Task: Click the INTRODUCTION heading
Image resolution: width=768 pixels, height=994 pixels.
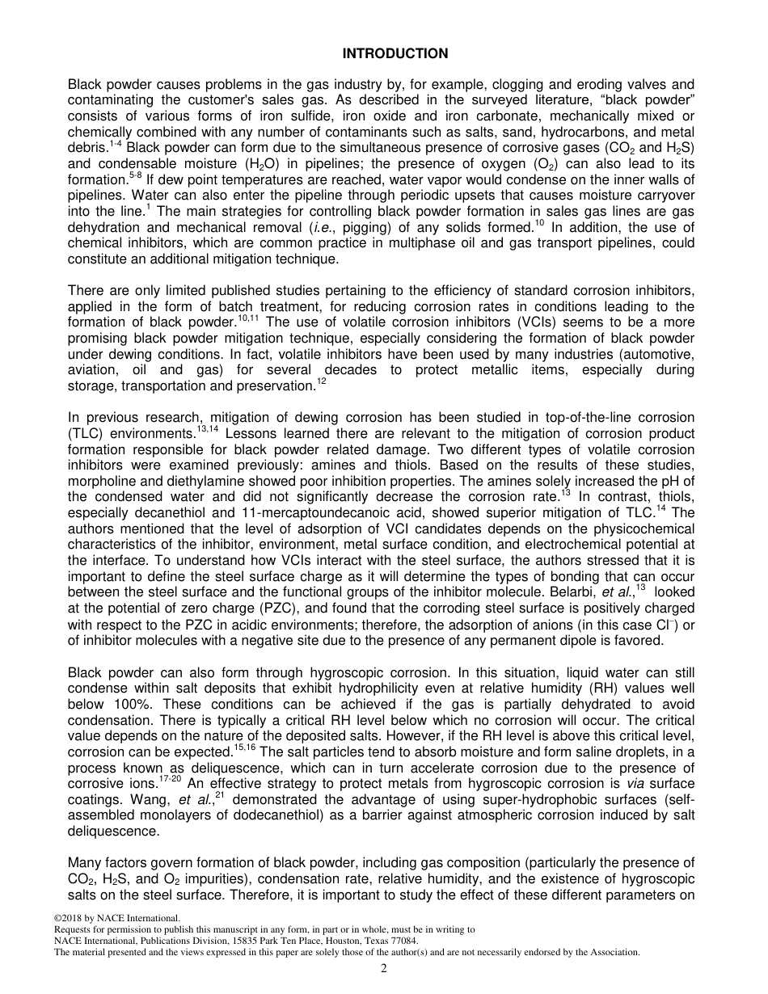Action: click(395, 54)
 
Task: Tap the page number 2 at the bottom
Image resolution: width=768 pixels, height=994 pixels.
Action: click(384, 969)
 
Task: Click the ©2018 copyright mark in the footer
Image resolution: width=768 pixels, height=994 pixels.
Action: click(70, 918)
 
